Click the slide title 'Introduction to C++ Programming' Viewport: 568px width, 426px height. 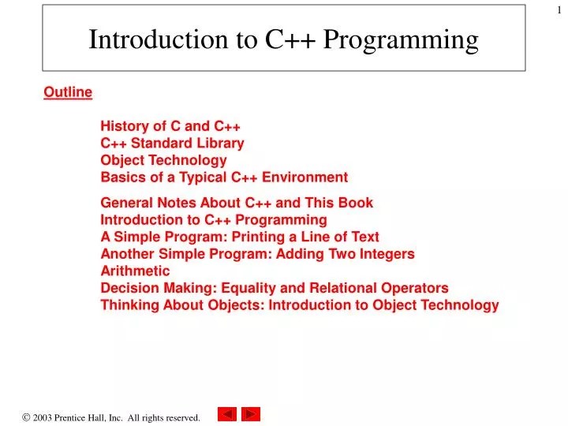283,39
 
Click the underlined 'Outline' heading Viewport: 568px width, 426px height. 68,93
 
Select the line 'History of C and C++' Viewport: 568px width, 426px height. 170,126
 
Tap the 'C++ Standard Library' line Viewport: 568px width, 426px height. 172,144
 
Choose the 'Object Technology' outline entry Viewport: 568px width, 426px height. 163,160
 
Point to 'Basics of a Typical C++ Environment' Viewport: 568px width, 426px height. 224,177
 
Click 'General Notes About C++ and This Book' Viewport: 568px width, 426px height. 237,203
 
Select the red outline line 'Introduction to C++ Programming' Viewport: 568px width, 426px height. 213,220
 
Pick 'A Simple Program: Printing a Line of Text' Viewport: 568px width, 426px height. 240,237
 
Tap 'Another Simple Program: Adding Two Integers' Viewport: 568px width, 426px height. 257,254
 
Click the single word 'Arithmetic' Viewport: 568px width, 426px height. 135,271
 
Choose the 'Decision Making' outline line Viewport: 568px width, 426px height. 275,288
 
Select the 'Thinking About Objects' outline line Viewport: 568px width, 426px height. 300,305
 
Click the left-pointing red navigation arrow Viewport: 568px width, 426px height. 227,414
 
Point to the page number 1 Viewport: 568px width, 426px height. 558,9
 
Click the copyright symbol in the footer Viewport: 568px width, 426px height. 26,416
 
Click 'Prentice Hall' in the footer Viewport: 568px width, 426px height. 88,417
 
